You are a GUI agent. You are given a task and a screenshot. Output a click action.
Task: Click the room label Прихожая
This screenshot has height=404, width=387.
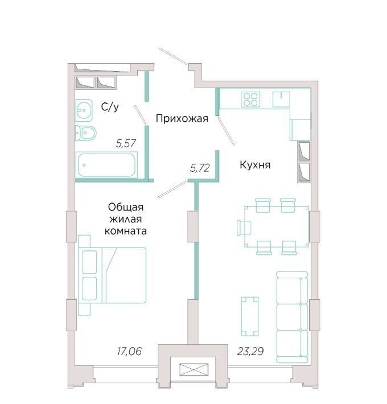click(182, 118)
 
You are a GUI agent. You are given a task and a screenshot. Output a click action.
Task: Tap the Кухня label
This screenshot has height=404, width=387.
click(255, 164)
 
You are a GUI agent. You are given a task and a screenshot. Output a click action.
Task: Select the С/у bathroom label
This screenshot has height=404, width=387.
click(110, 106)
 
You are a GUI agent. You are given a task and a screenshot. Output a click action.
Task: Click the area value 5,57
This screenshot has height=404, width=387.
click(126, 143)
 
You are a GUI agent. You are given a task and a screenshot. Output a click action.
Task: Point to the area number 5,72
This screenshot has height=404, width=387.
click(200, 168)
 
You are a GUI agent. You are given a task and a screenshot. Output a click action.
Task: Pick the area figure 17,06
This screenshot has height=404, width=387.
click(129, 351)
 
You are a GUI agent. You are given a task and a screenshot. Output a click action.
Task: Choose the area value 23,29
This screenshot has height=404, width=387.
click(250, 351)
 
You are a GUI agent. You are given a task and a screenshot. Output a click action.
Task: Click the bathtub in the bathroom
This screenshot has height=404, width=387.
click(106, 165)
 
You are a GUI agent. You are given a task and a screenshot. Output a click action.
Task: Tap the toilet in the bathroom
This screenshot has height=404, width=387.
click(85, 133)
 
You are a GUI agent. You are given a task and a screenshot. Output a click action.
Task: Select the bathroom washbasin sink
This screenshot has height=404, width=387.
click(84, 110)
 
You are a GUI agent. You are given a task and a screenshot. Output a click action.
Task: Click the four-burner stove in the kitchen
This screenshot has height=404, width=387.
click(250, 100)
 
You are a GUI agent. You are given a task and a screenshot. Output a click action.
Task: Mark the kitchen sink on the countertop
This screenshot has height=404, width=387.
click(281, 99)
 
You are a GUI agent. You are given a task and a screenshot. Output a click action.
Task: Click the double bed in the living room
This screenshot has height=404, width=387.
click(112, 275)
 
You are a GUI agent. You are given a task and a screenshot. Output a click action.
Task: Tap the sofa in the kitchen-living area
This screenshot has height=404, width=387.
click(292, 317)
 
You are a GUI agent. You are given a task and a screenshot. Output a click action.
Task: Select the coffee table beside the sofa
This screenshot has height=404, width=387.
click(250, 316)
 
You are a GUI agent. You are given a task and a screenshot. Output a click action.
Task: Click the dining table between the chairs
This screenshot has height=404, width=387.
click(277, 226)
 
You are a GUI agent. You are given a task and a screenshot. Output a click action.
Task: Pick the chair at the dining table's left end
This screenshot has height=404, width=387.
click(244, 228)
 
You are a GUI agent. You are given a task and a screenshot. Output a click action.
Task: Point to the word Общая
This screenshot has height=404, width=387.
click(126, 207)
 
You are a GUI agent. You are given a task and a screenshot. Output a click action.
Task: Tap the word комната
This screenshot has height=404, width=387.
click(126, 231)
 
